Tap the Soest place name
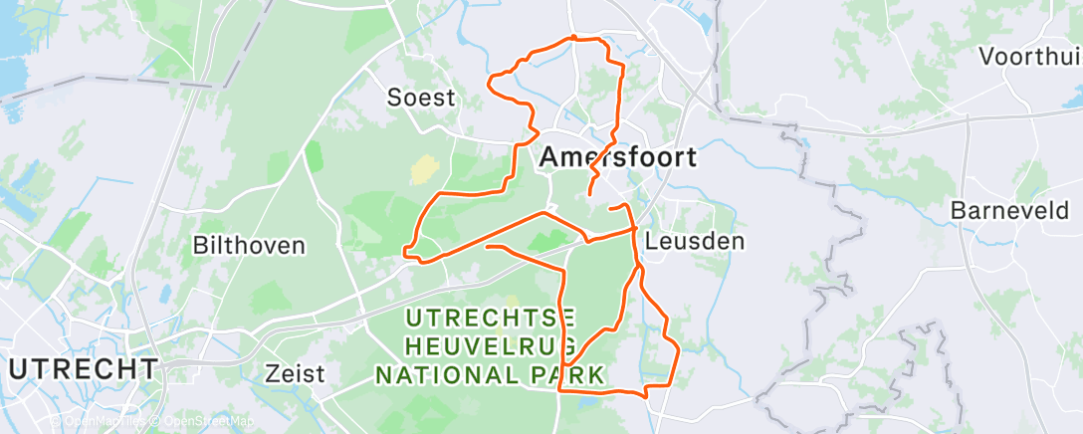click(421, 98)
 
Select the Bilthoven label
click(249, 245)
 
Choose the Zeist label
click(296, 374)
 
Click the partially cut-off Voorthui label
click(1029, 56)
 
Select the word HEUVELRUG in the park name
click(492, 346)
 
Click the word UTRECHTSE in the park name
click(492, 319)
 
